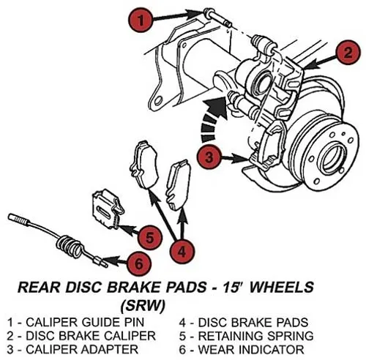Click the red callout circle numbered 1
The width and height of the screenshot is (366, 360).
tap(140, 20)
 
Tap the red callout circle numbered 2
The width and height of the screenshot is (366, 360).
tap(348, 52)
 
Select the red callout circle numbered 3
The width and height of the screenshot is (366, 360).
tap(209, 157)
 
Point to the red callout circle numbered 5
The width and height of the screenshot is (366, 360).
tap(149, 237)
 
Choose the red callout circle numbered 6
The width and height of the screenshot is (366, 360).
tap(138, 263)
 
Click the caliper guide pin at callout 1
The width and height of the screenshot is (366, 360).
tap(217, 18)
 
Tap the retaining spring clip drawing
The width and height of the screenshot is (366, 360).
tap(108, 209)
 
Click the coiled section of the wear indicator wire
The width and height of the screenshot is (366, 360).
tap(69, 246)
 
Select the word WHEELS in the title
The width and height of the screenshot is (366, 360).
tap(282, 287)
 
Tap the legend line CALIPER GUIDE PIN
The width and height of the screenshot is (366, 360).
tap(75, 322)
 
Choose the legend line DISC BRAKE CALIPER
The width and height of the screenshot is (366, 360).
tap(81, 336)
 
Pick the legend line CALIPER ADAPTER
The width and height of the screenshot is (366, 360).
tap(72, 349)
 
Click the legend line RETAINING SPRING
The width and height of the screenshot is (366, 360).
tap(247, 336)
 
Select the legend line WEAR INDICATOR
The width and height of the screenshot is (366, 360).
tap(242, 349)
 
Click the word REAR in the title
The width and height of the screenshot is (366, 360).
tap(39, 287)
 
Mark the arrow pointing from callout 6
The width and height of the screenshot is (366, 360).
tap(115, 260)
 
